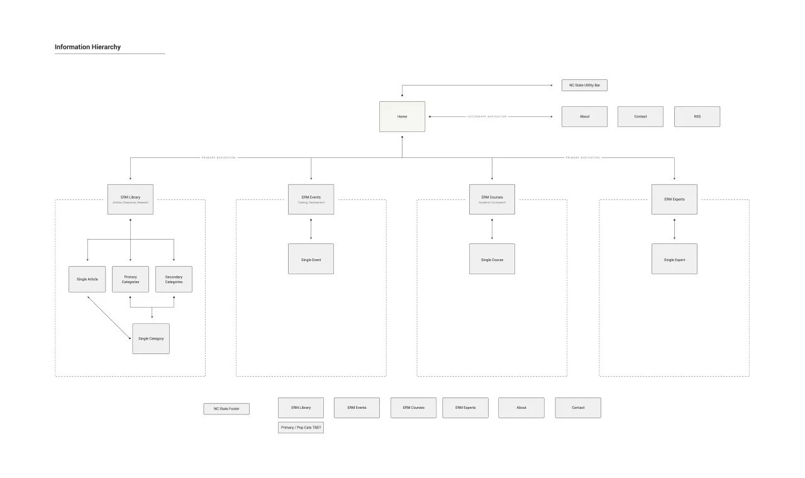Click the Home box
(402, 116)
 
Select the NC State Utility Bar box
(584, 85)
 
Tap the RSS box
(697, 116)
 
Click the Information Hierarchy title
(87, 47)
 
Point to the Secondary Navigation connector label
(487, 116)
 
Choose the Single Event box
(311, 259)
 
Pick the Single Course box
(492, 259)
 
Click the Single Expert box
(674, 259)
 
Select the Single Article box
(87, 279)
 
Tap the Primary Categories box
(130, 279)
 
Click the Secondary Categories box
(174, 279)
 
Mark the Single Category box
(151, 338)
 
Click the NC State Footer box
(226, 409)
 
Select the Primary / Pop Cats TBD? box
(301, 428)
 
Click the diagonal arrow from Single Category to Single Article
(109, 318)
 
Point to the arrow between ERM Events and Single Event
(311, 229)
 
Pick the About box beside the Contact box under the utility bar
(584, 116)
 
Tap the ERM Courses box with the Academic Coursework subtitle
(492, 199)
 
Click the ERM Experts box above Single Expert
(674, 199)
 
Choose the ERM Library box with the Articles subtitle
(130, 199)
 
